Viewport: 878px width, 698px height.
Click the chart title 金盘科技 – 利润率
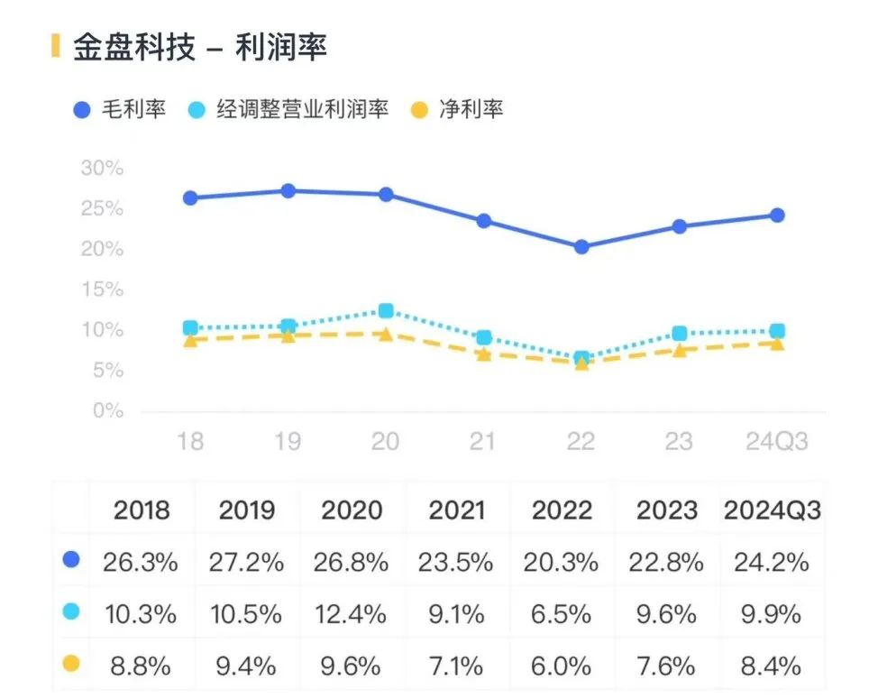(199, 48)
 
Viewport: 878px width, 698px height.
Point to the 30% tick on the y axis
(101, 169)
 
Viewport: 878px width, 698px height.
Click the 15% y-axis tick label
(101, 290)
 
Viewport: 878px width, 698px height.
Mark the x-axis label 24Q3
(776, 441)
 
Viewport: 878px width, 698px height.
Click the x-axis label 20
(386, 441)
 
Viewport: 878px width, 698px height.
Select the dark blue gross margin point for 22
(581, 246)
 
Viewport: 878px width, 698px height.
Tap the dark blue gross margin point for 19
(288, 191)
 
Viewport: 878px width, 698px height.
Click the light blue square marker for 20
(386, 311)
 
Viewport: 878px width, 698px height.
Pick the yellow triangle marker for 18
(190, 339)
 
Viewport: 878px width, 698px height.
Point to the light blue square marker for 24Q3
(776, 331)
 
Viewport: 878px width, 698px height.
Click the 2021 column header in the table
(456, 510)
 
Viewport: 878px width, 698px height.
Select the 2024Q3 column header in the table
(773, 510)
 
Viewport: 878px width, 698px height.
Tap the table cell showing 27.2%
(246, 563)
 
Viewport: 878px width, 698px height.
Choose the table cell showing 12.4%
(351, 614)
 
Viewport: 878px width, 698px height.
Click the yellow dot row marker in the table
(71, 664)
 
